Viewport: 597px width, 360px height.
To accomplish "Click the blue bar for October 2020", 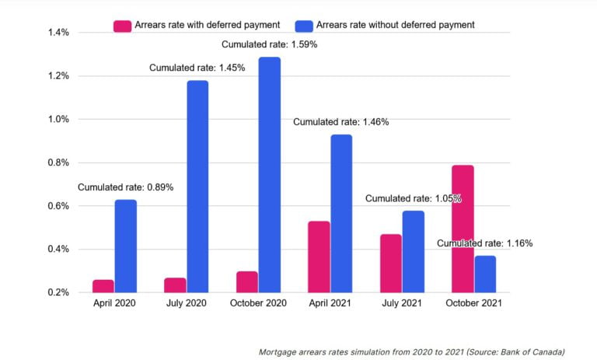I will pos(269,175).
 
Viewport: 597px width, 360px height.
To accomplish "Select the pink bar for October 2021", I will pos(463,229).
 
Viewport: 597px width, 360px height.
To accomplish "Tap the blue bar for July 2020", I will pos(197,187).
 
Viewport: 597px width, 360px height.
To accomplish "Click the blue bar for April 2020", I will pos(125,246).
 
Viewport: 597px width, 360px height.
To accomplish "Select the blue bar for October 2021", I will pos(485,274).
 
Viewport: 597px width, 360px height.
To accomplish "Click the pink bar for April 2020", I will pos(103,285).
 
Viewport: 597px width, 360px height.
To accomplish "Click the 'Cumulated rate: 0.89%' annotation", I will pos(125,187).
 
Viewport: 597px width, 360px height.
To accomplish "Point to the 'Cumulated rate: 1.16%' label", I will pos(484,243).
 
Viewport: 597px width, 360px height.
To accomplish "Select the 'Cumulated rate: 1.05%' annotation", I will pos(414,198).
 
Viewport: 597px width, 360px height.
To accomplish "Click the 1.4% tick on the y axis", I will pos(37,33).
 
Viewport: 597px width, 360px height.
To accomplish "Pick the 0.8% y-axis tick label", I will pos(37,163).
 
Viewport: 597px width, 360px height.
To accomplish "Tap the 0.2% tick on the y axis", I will pos(37,292).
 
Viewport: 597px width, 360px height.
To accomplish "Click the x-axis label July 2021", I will pos(403,304).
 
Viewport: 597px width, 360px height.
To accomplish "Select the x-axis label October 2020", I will pos(259,304).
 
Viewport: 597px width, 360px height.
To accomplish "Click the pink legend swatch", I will pos(122,25).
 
